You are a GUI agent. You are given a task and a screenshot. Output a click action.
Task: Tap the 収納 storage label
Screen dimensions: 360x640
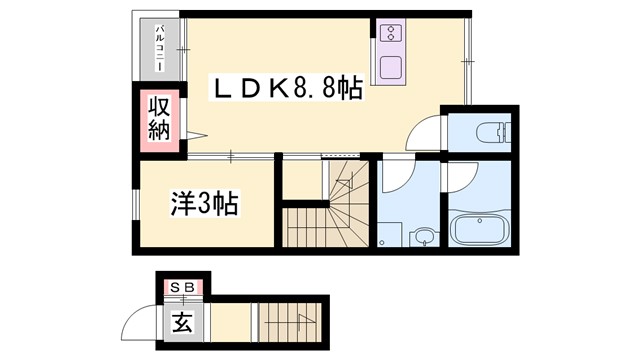[160, 117]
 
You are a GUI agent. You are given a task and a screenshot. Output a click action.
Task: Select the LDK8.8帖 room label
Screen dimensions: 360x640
[285, 89]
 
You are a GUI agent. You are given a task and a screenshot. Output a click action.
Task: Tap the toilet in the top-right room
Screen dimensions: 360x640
[491, 130]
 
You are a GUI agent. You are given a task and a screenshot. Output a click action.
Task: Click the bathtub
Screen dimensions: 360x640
[481, 229]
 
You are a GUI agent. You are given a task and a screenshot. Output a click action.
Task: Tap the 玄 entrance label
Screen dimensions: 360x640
[183, 322]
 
